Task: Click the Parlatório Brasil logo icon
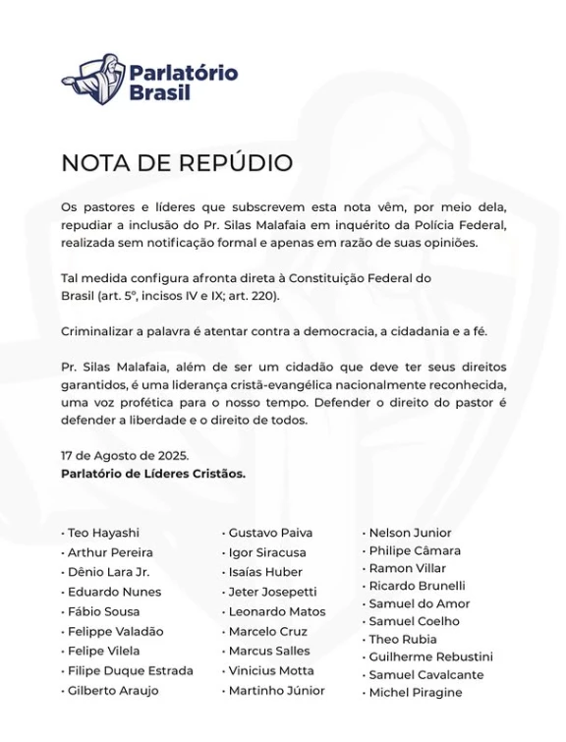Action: pyautogui.click(x=93, y=81)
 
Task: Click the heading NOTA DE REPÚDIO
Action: pyautogui.click(x=177, y=163)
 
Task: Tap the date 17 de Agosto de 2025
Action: pyautogui.click(x=125, y=456)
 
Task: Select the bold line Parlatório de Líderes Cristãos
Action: pyautogui.click(x=153, y=473)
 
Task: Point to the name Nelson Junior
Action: pyautogui.click(x=410, y=533)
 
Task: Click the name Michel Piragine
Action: pyautogui.click(x=415, y=692)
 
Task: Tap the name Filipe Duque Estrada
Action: pyautogui.click(x=130, y=670)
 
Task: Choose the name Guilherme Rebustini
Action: pyautogui.click(x=430, y=656)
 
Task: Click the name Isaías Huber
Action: pyautogui.click(x=265, y=572)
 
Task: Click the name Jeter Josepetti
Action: pyautogui.click(x=272, y=592)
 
